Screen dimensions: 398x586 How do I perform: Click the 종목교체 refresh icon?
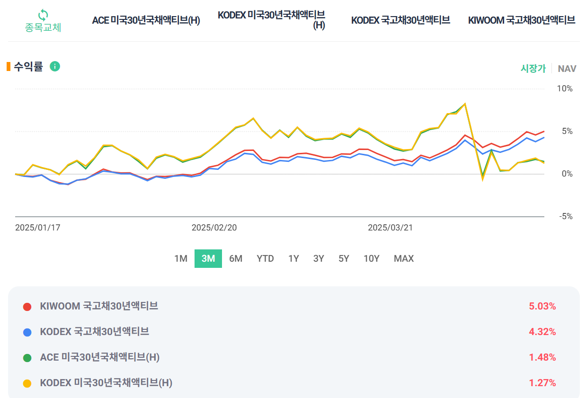(43, 15)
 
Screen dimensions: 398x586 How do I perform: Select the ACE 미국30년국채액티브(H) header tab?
(146, 20)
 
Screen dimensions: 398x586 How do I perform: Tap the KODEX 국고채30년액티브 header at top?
(400, 20)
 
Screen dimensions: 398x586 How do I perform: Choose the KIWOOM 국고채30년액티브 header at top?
(522, 20)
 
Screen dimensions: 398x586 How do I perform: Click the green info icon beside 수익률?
(55, 66)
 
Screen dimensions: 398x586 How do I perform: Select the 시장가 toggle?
(533, 69)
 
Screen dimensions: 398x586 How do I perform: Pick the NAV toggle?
(567, 69)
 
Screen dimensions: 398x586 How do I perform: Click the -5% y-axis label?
(565, 216)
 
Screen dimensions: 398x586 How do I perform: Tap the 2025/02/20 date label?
(214, 228)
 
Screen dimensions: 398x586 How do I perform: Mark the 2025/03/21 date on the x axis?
(390, 228)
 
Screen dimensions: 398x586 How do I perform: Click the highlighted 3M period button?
(208, 258)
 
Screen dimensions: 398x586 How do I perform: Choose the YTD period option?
(265, 258)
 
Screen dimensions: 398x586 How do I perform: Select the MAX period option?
(404, 258)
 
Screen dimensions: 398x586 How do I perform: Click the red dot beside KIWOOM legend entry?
(27, 307)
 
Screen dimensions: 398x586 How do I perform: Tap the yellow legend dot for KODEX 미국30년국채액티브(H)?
(27, 383)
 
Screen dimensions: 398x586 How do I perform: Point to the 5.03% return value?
(542, 306)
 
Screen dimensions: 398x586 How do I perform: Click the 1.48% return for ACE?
(542, 357)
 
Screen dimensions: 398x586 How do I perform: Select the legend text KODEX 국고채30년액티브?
(95, 332)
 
